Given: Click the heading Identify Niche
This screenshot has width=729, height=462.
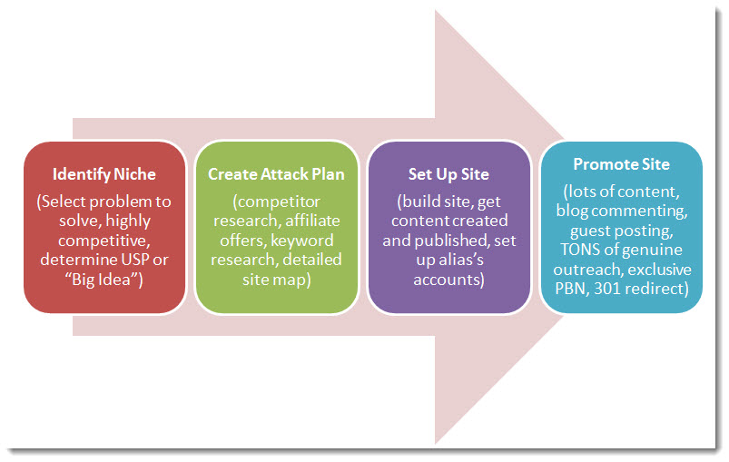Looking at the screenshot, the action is point(104,174).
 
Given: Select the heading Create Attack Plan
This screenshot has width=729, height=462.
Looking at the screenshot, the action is point(276,174).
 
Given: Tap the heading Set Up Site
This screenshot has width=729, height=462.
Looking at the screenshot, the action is point(448,174).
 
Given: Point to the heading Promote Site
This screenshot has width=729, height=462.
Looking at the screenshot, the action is point(622,164).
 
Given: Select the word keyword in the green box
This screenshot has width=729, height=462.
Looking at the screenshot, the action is point(302,241).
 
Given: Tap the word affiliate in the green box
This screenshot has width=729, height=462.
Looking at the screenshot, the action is point(312,221).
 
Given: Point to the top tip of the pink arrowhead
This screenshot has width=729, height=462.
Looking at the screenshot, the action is point(435,10).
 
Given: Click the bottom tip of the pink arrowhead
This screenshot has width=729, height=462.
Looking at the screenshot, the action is point(435,444).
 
